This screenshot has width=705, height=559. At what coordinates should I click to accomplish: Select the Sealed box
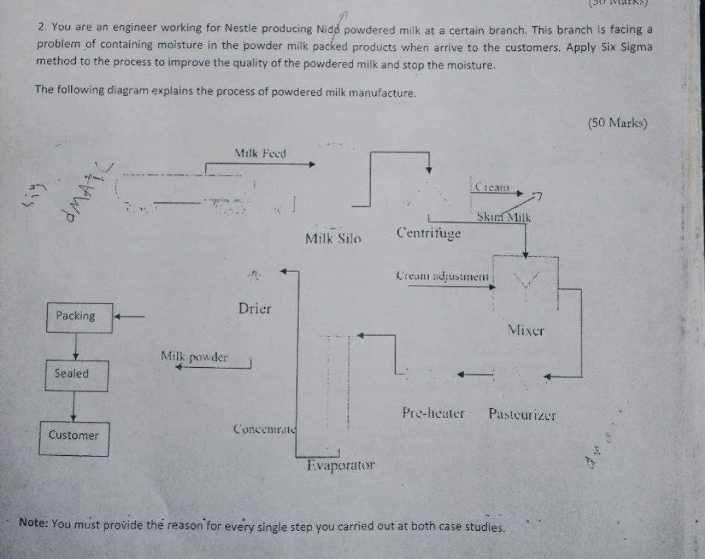coord(76,375)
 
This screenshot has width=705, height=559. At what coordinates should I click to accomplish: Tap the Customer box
coord(77,436)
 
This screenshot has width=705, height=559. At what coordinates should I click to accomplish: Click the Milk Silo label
coord(333,239)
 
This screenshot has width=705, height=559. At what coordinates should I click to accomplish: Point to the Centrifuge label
coord(428,232)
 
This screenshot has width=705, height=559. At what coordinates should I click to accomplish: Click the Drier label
coord(255,309)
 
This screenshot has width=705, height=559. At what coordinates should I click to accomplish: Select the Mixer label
coord(526,330)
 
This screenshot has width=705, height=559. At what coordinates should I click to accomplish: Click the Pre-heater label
coord(433,413)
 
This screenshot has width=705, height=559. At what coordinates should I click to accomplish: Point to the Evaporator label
coord(341,466)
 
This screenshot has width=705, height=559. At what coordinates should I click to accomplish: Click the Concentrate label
coord(264,429)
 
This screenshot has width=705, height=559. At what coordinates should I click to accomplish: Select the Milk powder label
coord(195,357)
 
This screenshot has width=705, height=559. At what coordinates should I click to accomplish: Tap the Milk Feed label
coord(260,154)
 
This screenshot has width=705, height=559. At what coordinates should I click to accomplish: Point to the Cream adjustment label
coord(442,276)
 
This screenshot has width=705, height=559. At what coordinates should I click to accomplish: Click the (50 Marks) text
coord(617,123)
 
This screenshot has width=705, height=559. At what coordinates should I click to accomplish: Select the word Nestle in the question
coord(206,29)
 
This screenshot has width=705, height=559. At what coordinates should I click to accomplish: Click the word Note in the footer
coord(33,522)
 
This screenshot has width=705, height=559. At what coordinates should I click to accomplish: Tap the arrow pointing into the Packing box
coord(129,317)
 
